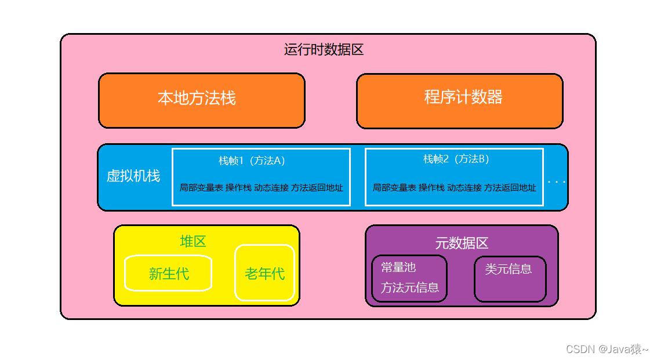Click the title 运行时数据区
tap(324, 49)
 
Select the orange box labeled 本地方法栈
tap(202, 101)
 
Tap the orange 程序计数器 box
tap(460, 101)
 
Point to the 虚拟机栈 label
tap(133, 176)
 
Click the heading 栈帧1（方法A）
tap(252, 161)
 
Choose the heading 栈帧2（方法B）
tap(456, 159)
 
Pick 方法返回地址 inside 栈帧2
tap(510, 188)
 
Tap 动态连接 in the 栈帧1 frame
tap(271, 188)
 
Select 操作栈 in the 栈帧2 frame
tap(431, 188)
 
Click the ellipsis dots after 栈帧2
tap(557, 182)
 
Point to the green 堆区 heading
tap(193, 241)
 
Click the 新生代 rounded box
tap(168, 273)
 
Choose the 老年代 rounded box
tap(264, 273)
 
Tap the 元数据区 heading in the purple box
tap(462, 243)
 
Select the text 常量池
tap(398, 267)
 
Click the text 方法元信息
tap(410, 287)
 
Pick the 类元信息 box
tap(510, 279)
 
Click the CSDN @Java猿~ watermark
tap(607, 348)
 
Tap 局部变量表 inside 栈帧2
tap(394, 188)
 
